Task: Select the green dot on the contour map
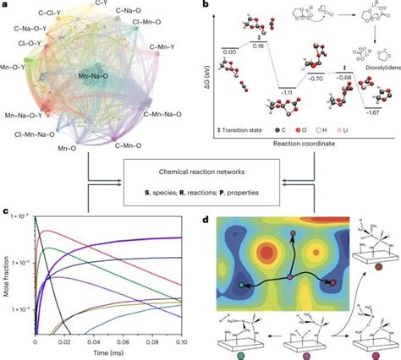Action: tap(243, 286)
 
